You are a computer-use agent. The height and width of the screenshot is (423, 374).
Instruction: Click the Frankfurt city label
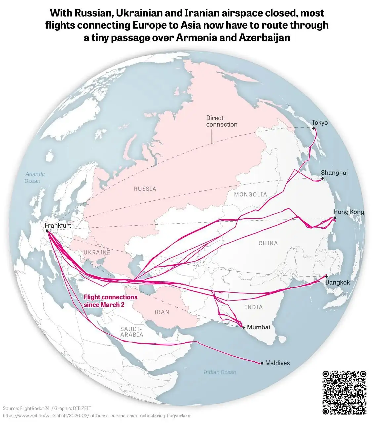[58, 226]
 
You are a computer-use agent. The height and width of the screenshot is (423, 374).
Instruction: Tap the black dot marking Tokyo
[313, 128]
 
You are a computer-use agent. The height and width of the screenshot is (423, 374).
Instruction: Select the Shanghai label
[334, 173]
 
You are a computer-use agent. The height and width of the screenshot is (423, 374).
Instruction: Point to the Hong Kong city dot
[335, 218]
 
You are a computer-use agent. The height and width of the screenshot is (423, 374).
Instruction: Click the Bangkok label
[337, 283]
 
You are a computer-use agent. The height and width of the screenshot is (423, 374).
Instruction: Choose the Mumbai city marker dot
[244, 327]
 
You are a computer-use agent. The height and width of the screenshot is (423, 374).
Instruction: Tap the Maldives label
[277, 363]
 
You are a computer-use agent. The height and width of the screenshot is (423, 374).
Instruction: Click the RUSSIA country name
[145, 189]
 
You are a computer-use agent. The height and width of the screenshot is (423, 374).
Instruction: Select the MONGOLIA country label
[250, 194]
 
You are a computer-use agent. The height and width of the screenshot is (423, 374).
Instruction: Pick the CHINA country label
[268, 243]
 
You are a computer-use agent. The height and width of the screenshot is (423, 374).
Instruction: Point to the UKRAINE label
[97, 252]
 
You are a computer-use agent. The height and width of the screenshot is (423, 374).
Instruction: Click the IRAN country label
[162, 312]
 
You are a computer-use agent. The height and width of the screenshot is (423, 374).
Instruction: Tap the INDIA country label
[254, 307]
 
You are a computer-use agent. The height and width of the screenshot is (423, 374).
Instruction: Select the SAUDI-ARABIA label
[132, 332]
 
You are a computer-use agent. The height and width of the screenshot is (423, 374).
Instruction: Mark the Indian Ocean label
[220, 372]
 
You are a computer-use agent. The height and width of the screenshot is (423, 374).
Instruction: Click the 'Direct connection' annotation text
[222, 121]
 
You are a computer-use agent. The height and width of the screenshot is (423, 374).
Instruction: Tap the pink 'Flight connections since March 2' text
[110, 301]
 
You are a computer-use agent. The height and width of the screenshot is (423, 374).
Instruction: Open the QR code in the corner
[344, 392]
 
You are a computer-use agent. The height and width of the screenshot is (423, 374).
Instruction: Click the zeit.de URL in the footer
[97, 415]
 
